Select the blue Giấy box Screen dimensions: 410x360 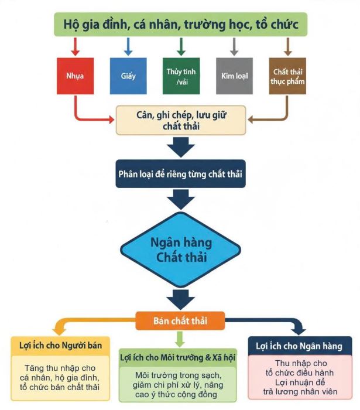tap(128, 76)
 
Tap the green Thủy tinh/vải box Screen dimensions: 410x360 tap(181, 76)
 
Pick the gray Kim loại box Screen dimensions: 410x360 tap(235, 76)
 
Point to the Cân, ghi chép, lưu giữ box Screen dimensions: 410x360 tap(181, 120)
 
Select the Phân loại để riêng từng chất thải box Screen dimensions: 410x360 tap(180, 174)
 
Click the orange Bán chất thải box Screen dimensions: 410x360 tap(180, 320)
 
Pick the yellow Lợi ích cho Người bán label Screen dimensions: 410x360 tap(57, 345)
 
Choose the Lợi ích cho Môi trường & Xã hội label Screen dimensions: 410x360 tap(179, 357)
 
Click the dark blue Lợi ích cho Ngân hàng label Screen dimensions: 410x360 tap(299, 346)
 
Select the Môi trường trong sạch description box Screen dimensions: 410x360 tap(179, 384)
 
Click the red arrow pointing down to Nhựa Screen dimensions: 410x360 tap(76, 46)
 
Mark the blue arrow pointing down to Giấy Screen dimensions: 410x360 tap(128, 46)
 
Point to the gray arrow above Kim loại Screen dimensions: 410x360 tap(234, 46)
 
